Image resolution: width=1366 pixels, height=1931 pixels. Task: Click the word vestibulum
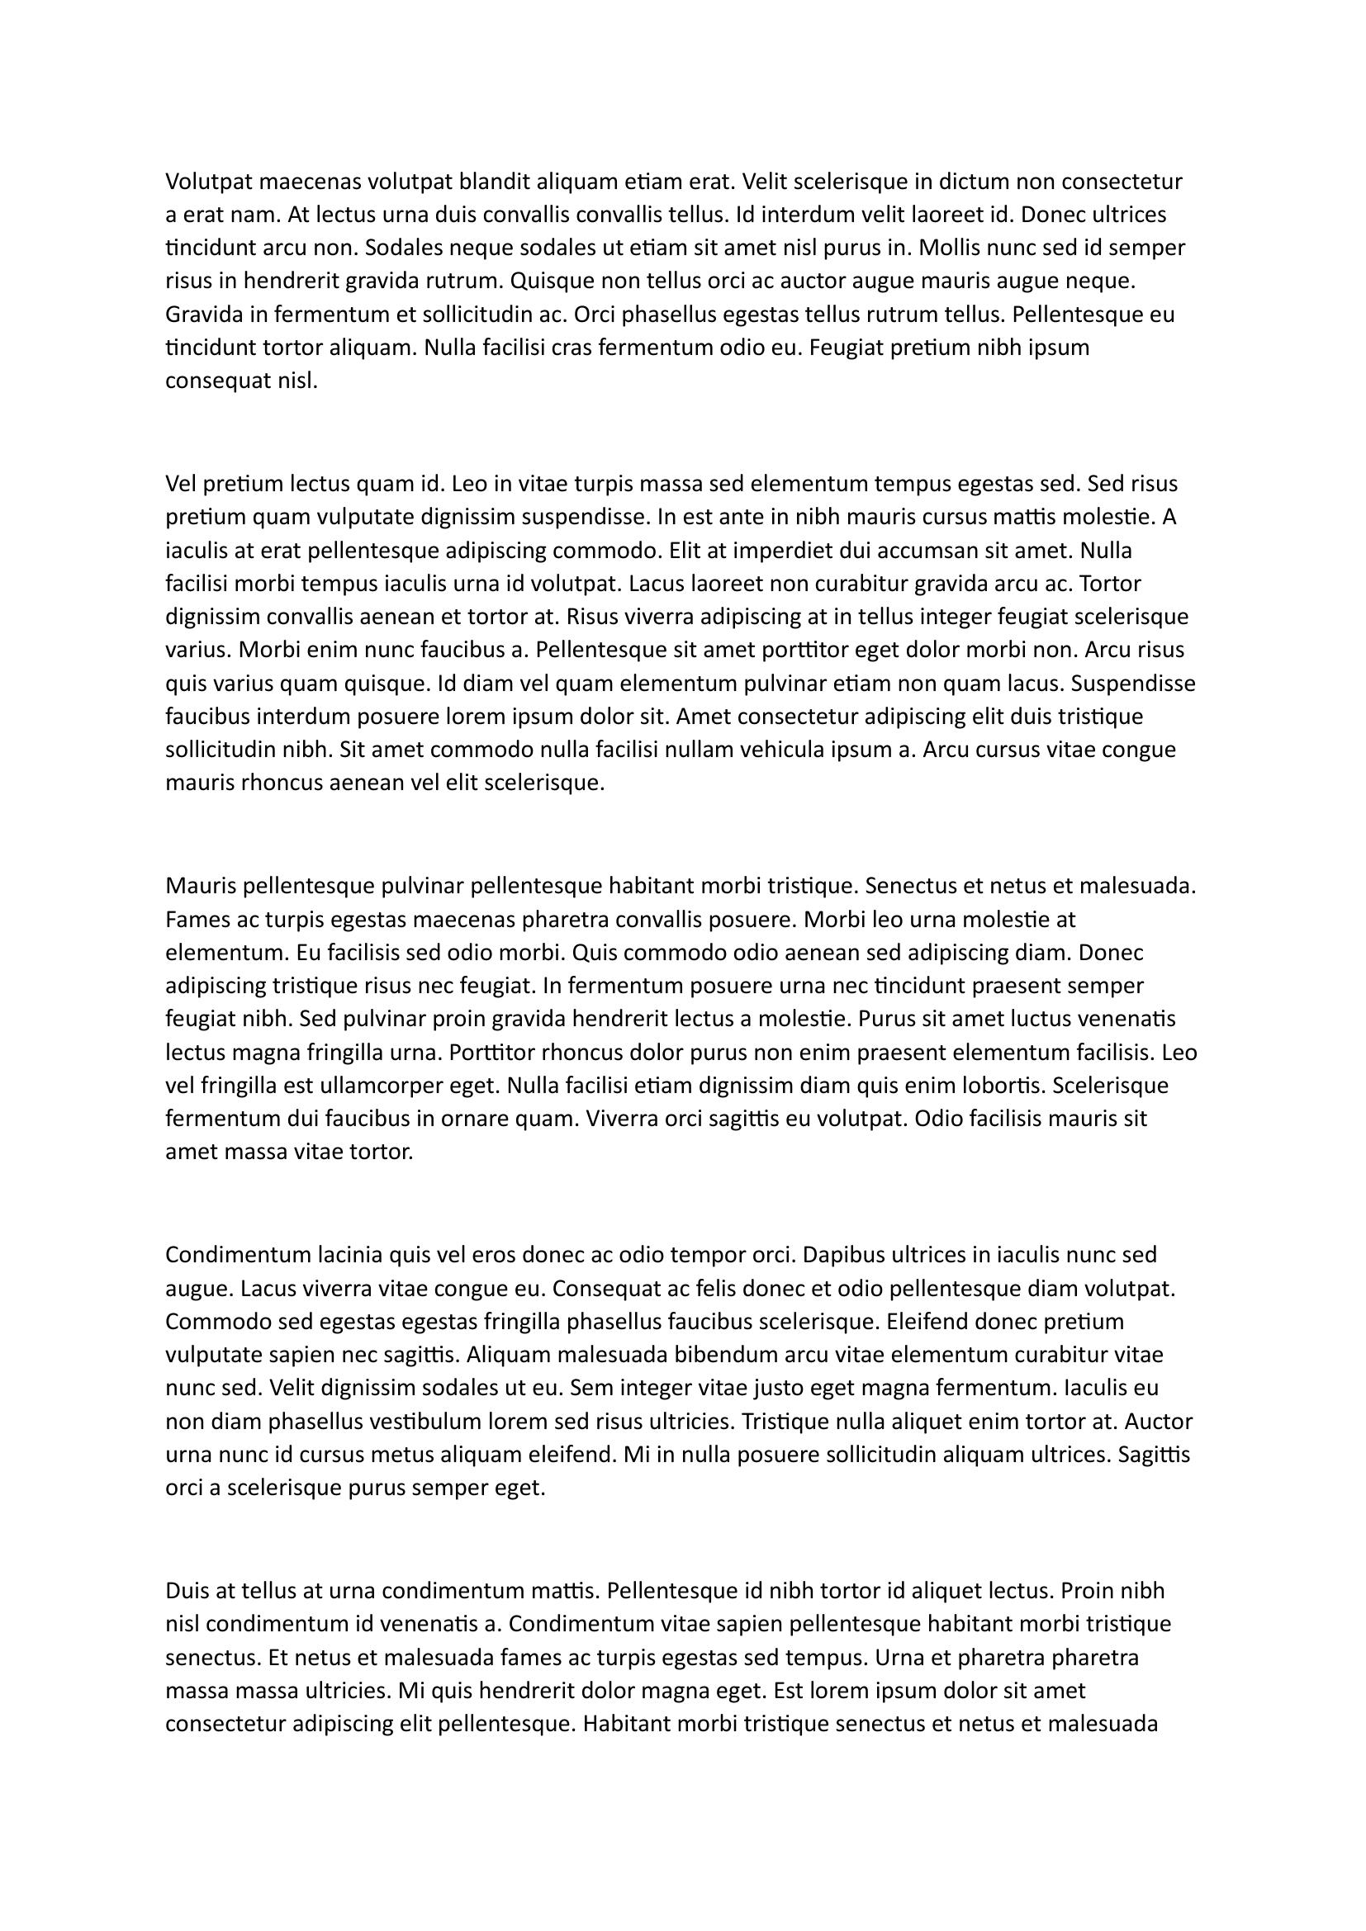pos(438,1422)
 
